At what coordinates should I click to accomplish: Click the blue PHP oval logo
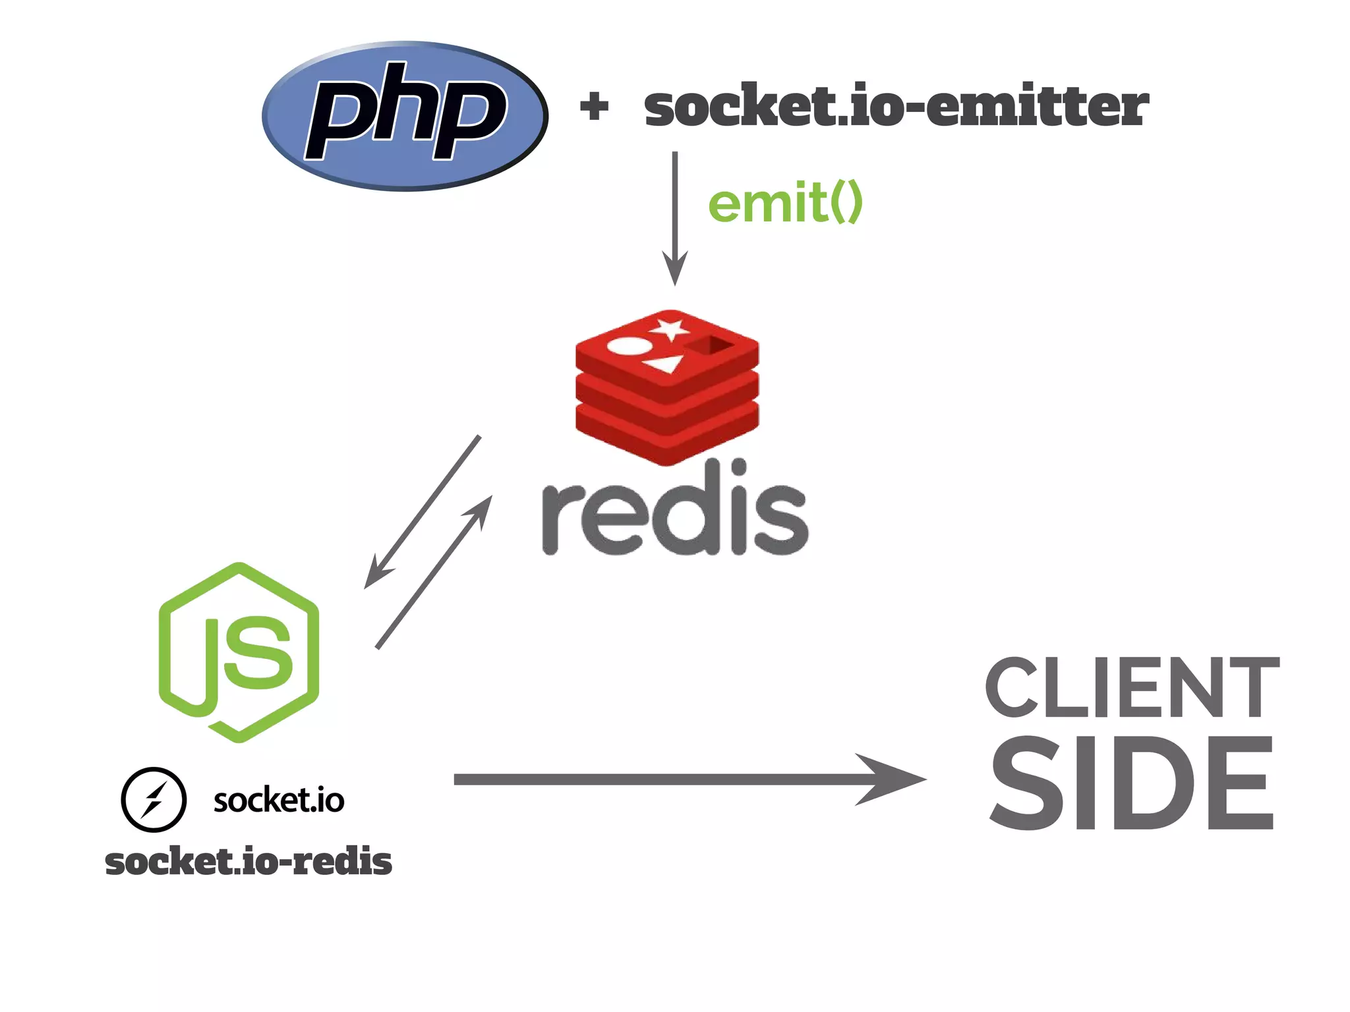tap(405, 116)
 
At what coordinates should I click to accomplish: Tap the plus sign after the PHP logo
tap(594, 107)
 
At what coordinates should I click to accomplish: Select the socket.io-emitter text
tap(896, 107)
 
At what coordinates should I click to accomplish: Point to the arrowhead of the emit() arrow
tap(674, 270)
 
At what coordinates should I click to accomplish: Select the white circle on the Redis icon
tap(630, 346)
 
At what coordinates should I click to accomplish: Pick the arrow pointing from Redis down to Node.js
tap(422, 513)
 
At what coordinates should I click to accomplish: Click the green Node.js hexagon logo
tap(239, 652)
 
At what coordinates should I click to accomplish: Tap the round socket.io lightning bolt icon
tap(154, 800)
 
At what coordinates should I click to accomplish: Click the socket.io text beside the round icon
tap(279, 800)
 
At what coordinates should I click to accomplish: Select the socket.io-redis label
tap(249, 862)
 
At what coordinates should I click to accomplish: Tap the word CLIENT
tap(1132, 688)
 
